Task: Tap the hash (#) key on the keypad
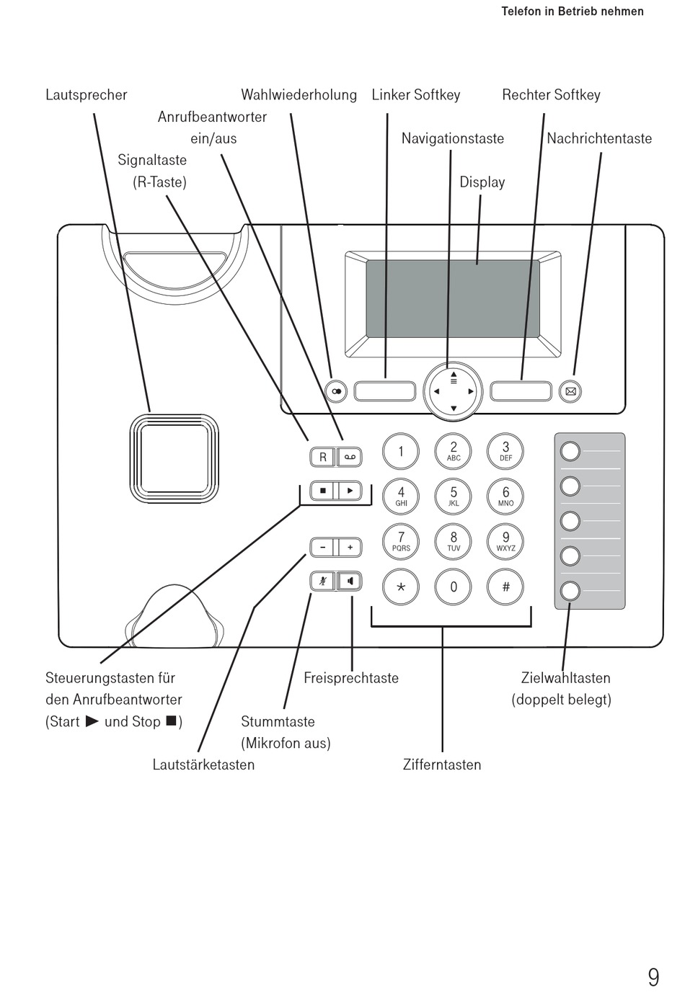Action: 505,587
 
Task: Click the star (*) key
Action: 401,587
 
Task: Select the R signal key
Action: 322,457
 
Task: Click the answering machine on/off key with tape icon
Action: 350,457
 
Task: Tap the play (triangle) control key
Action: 350,491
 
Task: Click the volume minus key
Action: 322,547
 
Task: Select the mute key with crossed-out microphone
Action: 322,581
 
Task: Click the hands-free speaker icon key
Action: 350,581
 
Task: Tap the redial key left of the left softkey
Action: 336,391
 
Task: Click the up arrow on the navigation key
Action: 454,374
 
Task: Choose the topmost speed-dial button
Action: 570,451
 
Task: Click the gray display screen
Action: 453,298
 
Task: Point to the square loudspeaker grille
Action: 174,458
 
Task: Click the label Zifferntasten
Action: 442,764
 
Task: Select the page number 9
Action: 654,978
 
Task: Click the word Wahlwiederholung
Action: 299,95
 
